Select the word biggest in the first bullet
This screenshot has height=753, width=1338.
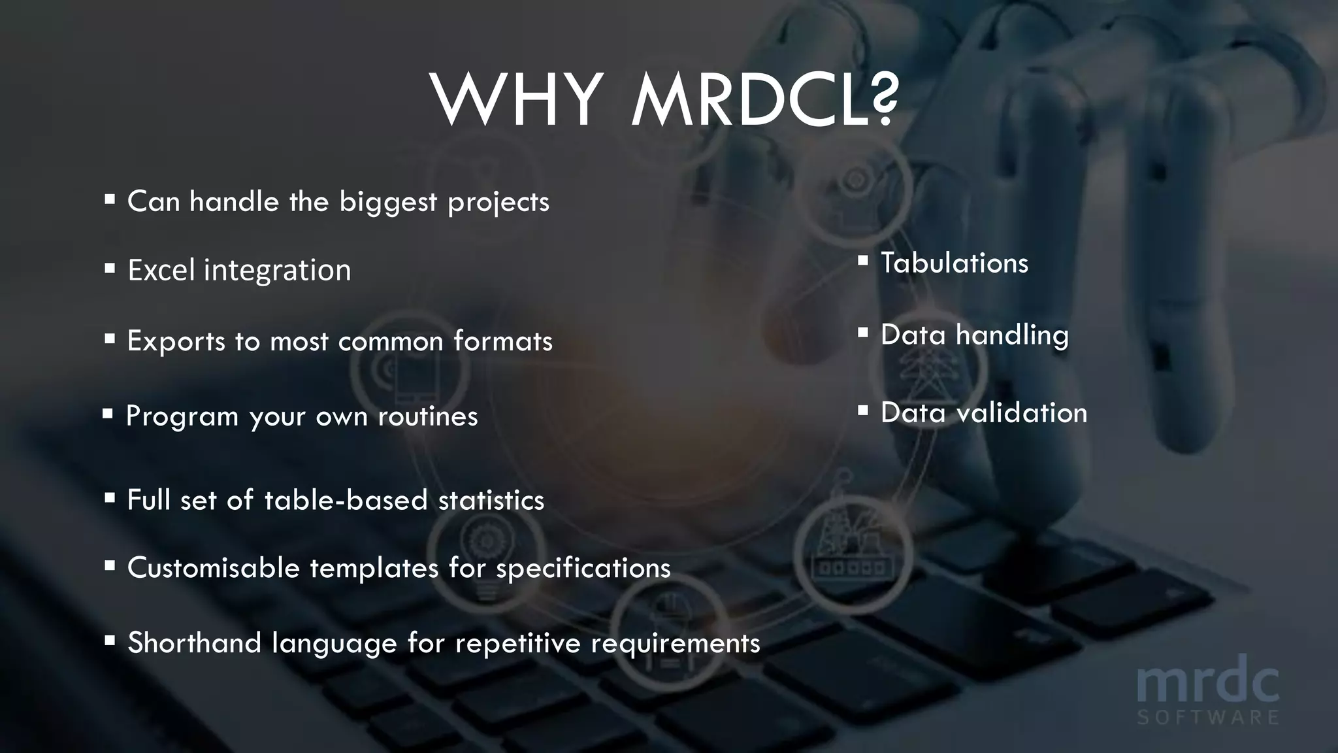coord(388,201)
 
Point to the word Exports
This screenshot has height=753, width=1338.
coord(176,341)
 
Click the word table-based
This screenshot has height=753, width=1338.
coord(346,500)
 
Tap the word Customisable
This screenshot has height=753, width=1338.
coord(213,567)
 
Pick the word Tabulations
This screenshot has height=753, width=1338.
coord(955,263)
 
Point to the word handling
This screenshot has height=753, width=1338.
coord(1012,335)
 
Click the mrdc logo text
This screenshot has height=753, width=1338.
coord(1207,684)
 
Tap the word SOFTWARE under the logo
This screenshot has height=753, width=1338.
coord(1207,718)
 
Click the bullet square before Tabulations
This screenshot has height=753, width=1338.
coord(862,261)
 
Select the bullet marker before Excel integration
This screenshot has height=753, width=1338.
coord(110,268)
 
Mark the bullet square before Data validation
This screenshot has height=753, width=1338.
coord(862,411)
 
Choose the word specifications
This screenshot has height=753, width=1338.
coord(583,568)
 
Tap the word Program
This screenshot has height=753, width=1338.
coord(182,416)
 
